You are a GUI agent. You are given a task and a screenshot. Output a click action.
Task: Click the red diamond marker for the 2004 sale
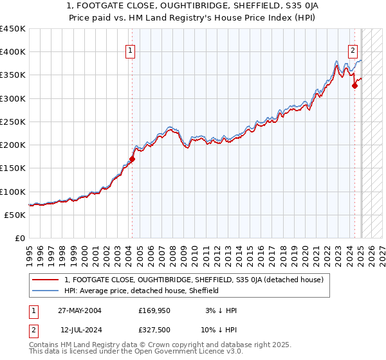click(x=132, y=158)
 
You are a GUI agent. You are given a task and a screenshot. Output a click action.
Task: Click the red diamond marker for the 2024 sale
click(x=354, y=85)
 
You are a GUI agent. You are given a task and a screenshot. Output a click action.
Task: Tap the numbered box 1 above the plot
click(x=131, y=50)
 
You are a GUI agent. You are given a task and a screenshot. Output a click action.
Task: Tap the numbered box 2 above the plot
click(x=353, y=50)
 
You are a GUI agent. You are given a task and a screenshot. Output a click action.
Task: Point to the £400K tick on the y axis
click(x=13, y=52)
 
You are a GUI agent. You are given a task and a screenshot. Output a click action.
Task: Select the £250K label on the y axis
click(x=13, y=122)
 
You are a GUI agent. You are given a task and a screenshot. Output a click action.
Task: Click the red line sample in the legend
click(x=46, y=280)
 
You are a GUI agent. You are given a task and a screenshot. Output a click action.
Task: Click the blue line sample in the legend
click(x=46, y=291)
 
